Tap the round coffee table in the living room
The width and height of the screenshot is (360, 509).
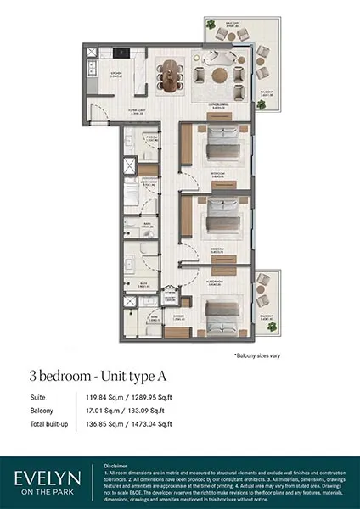pyautogui.click(x=220, y=75)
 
